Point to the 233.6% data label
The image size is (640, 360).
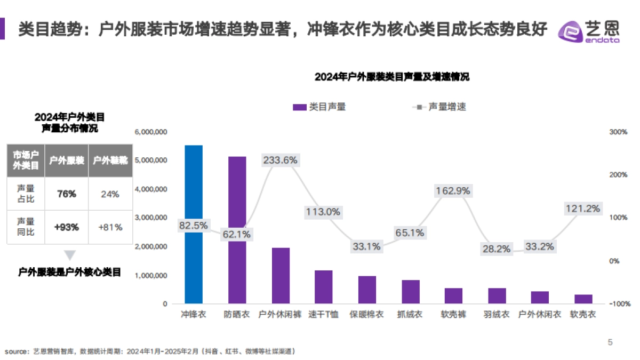tap(280, 159)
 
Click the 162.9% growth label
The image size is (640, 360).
tap(453, 190)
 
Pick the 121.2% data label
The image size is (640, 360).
tap(582, 208)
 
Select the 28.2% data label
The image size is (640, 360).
tap(497, 249)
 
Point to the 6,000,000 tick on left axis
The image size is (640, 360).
tap(152, 132)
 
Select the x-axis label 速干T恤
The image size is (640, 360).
tap(323, 315)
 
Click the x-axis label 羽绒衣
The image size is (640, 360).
tap(497, 315)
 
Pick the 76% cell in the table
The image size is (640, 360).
tap(67, 194)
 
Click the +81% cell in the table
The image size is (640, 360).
tap(110, 227)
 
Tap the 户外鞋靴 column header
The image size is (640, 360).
tap(110, 160)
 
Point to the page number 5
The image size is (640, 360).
tap(611, 342)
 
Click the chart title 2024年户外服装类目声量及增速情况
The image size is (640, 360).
tap(392, 77)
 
